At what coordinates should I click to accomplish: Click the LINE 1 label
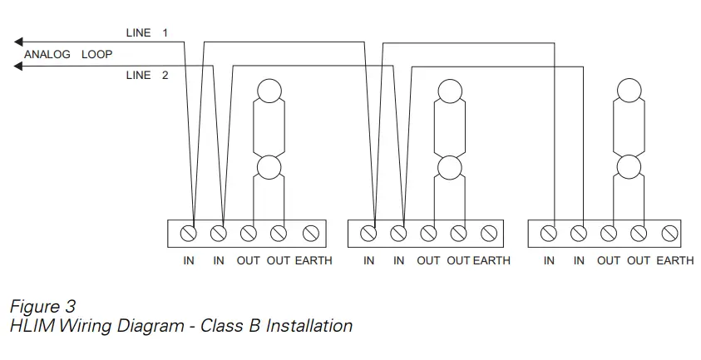146,33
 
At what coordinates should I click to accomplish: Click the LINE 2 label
146,76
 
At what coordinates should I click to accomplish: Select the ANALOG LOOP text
68,55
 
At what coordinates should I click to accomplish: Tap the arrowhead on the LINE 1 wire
19,41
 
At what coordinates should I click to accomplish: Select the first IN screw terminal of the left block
190,234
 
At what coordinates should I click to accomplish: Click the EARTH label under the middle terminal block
492,261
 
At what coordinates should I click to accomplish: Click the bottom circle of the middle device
449,168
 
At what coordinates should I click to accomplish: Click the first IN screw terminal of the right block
549,234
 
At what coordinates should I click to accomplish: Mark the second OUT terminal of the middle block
459,234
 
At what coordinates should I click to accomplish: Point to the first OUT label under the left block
248,261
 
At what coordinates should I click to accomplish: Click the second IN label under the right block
579,261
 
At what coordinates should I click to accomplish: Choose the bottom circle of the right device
629,168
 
